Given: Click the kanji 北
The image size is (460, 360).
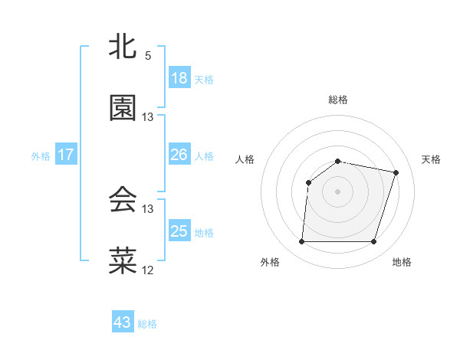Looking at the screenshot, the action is [x=123, y=47].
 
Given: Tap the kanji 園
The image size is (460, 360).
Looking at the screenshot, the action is [x=123, y=109].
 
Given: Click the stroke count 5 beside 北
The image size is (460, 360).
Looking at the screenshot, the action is [x=148, y=56].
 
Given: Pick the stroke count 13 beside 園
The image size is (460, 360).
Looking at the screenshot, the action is [x=148, y=117].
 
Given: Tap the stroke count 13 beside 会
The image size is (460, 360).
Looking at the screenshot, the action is [x=148, y=208].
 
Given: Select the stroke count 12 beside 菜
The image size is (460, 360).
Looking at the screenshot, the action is [x=148, y=270].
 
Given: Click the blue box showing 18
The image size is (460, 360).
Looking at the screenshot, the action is [x=179, y=78].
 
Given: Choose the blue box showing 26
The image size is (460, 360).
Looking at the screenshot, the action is [x=179, y=155].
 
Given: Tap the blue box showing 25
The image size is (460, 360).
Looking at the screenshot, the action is [x=179, y=231].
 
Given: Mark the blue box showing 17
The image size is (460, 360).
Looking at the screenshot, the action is [x=66, y=155].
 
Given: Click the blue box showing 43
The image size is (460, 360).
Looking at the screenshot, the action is [x=123, y=322].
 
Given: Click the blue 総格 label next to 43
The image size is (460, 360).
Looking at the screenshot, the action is [x=147, y=324].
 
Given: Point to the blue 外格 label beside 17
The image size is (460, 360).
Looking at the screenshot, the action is [x=41, y=155].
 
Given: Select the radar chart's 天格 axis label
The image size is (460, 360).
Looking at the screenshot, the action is [x=432, y=159].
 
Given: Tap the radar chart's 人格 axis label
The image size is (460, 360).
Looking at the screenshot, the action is [x=245, y=159].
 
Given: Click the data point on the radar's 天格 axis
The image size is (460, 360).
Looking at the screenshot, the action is [x=396, y=172].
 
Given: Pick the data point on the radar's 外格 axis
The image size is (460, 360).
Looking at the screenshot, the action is [x=301, y=242].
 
